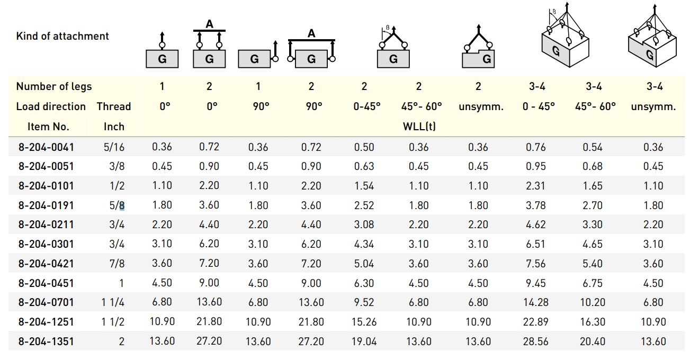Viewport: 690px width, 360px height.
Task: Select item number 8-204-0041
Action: pos(46,147)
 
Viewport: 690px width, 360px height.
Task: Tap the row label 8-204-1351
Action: pos(46,341)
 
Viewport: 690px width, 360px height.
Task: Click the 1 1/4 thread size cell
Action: pos(113,302)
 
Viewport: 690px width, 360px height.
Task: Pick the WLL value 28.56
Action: pos(535,341)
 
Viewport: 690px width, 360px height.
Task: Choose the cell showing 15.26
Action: pos(364,322)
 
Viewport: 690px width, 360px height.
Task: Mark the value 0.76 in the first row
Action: pos(535,147)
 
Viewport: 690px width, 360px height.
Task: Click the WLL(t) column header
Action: pos(420,127)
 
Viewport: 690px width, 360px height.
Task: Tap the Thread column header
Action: pos(113,106)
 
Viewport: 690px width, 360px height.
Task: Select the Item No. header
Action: pos(48,127)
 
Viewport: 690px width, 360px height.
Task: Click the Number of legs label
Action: pos(53,86)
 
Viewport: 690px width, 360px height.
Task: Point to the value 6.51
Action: pos(535,244)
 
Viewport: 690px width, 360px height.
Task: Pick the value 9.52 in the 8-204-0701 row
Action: pos(364,302)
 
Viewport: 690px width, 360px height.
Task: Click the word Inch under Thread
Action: pos(114,127)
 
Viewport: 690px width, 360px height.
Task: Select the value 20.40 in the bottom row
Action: pos(592,341)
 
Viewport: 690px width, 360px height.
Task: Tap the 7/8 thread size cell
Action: pos(117,264)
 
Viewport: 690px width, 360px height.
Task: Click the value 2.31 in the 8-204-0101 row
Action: pos(535,186)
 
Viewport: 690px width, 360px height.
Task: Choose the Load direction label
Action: pos(51,106)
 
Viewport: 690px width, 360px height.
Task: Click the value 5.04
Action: pos(364,264)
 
